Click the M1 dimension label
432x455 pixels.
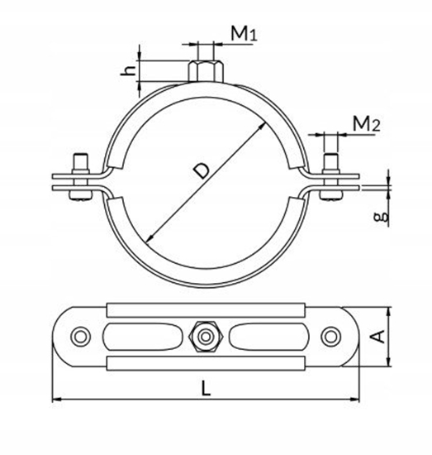click(x=244, y=33)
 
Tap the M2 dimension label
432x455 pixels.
click(x=366, y=123)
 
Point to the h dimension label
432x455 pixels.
click(x=128, y=70)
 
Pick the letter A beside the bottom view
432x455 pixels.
click(x=377, y=337)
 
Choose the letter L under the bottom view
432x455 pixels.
click(x=206, y=388)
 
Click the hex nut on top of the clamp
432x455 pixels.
click(x=206, y=71)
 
